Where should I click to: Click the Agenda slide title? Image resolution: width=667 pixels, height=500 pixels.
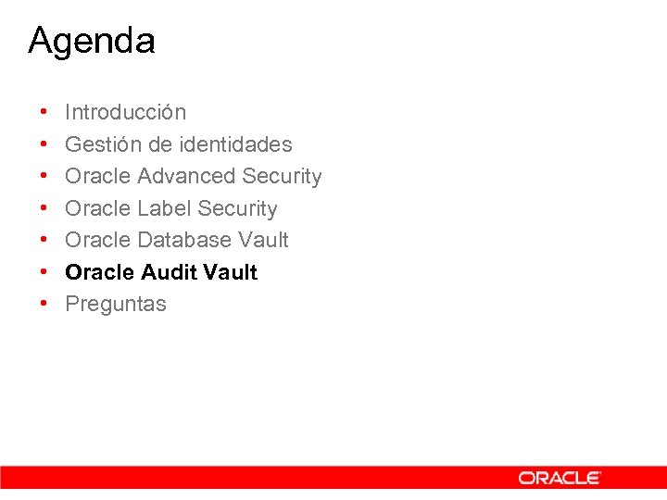(92, 42)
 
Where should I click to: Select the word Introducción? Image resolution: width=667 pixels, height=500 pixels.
(125, 113)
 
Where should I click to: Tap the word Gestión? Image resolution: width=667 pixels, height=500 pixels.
(98, 144)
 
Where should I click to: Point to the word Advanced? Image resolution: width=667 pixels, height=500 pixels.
(186, 176)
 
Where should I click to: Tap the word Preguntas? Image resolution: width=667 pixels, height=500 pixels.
(116, 305)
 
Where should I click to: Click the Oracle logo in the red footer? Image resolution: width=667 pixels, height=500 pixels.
(560, 478)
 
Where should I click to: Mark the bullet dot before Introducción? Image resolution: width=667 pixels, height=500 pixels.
(44, 113)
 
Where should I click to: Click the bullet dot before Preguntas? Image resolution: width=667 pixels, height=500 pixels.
(44, 305)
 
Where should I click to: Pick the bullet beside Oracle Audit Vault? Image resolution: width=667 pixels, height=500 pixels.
(44, 272)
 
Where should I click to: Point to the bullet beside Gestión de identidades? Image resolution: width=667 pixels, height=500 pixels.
(44, 144)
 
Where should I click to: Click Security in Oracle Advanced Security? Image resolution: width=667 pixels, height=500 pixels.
(282, 176)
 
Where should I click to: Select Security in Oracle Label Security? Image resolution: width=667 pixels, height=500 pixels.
(237, 208)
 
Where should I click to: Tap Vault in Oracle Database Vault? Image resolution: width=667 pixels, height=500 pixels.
(263, 240)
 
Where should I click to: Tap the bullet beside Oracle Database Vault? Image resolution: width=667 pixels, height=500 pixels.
(44, 240)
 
